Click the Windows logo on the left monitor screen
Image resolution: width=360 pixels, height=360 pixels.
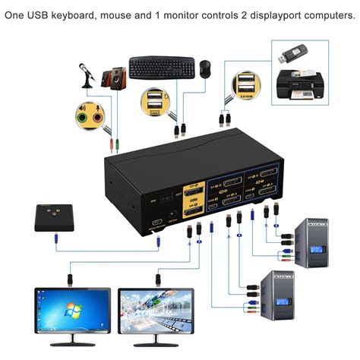(x=73, y=311)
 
